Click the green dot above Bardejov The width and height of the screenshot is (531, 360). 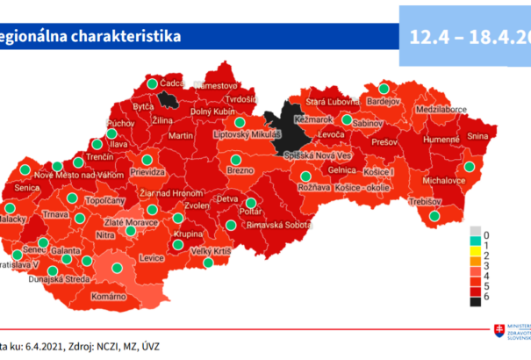(384, 88)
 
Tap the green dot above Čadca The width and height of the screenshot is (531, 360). (152, 83)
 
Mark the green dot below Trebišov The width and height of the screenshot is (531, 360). (434, 216)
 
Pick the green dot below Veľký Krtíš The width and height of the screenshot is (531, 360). (208, 263)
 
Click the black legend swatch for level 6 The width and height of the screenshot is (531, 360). (475, 298)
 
